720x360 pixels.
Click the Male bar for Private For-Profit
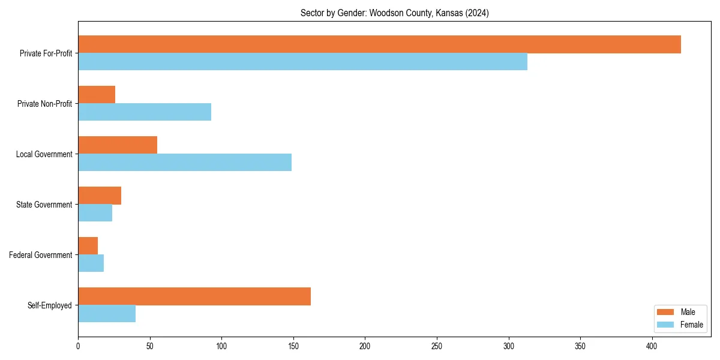tap(379, 44)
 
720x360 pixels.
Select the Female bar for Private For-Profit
tap(302, 62)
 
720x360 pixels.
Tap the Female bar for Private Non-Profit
tap(145, 112)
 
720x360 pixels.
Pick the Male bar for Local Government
tap(118, 145)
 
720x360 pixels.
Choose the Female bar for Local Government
tap(185, 163)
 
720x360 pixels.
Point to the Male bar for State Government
tap(100, 196)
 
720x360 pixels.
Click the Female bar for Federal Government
tap(91, 263)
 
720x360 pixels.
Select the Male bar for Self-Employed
tap(194, 296)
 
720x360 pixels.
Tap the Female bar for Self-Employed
tap(107, 314)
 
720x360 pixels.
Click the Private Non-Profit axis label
tap(44, 104)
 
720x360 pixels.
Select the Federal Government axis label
tap(41, 255)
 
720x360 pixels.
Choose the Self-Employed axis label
tap(50, 305)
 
